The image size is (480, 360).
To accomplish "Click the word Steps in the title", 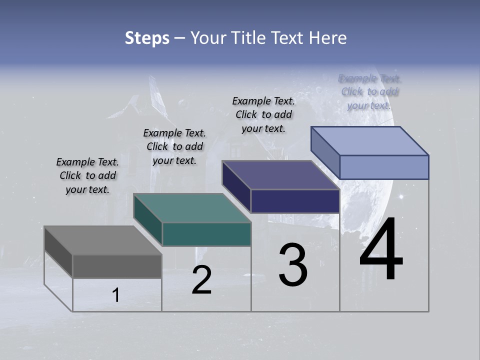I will [x=147, y=38].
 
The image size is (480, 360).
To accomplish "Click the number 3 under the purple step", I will [x=293, y=265].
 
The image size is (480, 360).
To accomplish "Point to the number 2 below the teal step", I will [x=202, y=280].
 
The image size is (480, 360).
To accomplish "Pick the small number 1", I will [x=116, y=295].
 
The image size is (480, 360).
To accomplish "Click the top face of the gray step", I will [x=103, y=240].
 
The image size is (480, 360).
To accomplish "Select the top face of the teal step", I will [x=192, y=208].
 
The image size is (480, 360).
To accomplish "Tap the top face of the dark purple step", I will [x=280, y=175].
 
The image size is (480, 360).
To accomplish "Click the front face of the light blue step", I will [x=384, y=167].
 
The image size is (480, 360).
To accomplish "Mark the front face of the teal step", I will [x=206, y=234].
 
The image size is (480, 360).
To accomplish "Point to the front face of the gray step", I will [x=117, y=266].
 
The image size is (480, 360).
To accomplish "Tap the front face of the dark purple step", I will [x=295, y=201].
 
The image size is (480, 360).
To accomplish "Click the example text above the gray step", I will [x=87, y=175].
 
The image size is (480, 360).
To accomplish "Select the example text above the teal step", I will [x=174, y=146].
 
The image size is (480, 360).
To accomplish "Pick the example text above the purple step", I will [x=263, y=114].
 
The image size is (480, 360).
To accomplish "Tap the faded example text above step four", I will [x=369, y=91].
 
